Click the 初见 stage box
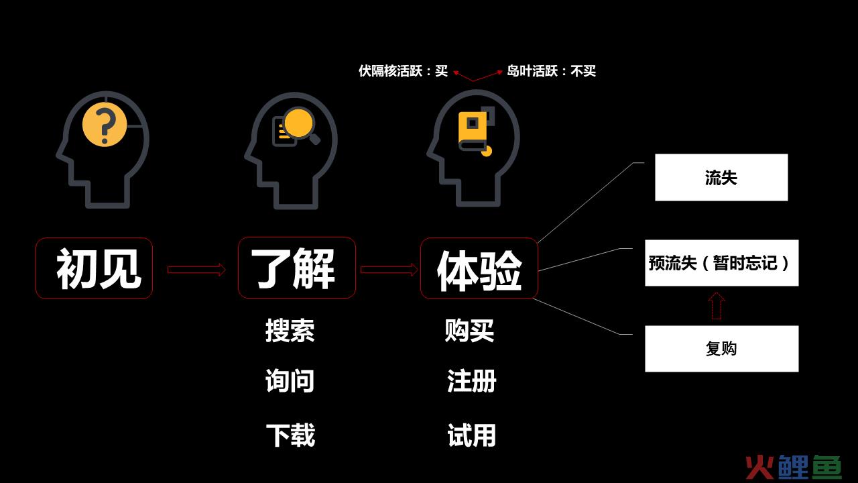click(95, 268)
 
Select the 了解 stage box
click(297, 268)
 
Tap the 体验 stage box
click(479, 268)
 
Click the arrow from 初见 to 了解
click(196, 270)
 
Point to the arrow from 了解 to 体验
click(389, 270)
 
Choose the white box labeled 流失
click(721, 178)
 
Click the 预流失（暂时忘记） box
click(722, 263)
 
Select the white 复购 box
click(722, 349)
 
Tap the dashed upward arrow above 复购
click(717, 306)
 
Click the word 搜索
click(290, 330)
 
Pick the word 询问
click(290, 380)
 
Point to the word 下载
click(290, 435)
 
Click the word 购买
click(469, 330)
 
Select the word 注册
click(471, 380)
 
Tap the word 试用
click(471, 435)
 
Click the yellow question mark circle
click(105, 125)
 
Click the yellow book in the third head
click(474, 133)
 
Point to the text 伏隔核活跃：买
click(403, 71)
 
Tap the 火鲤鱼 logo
click(793, 467)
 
